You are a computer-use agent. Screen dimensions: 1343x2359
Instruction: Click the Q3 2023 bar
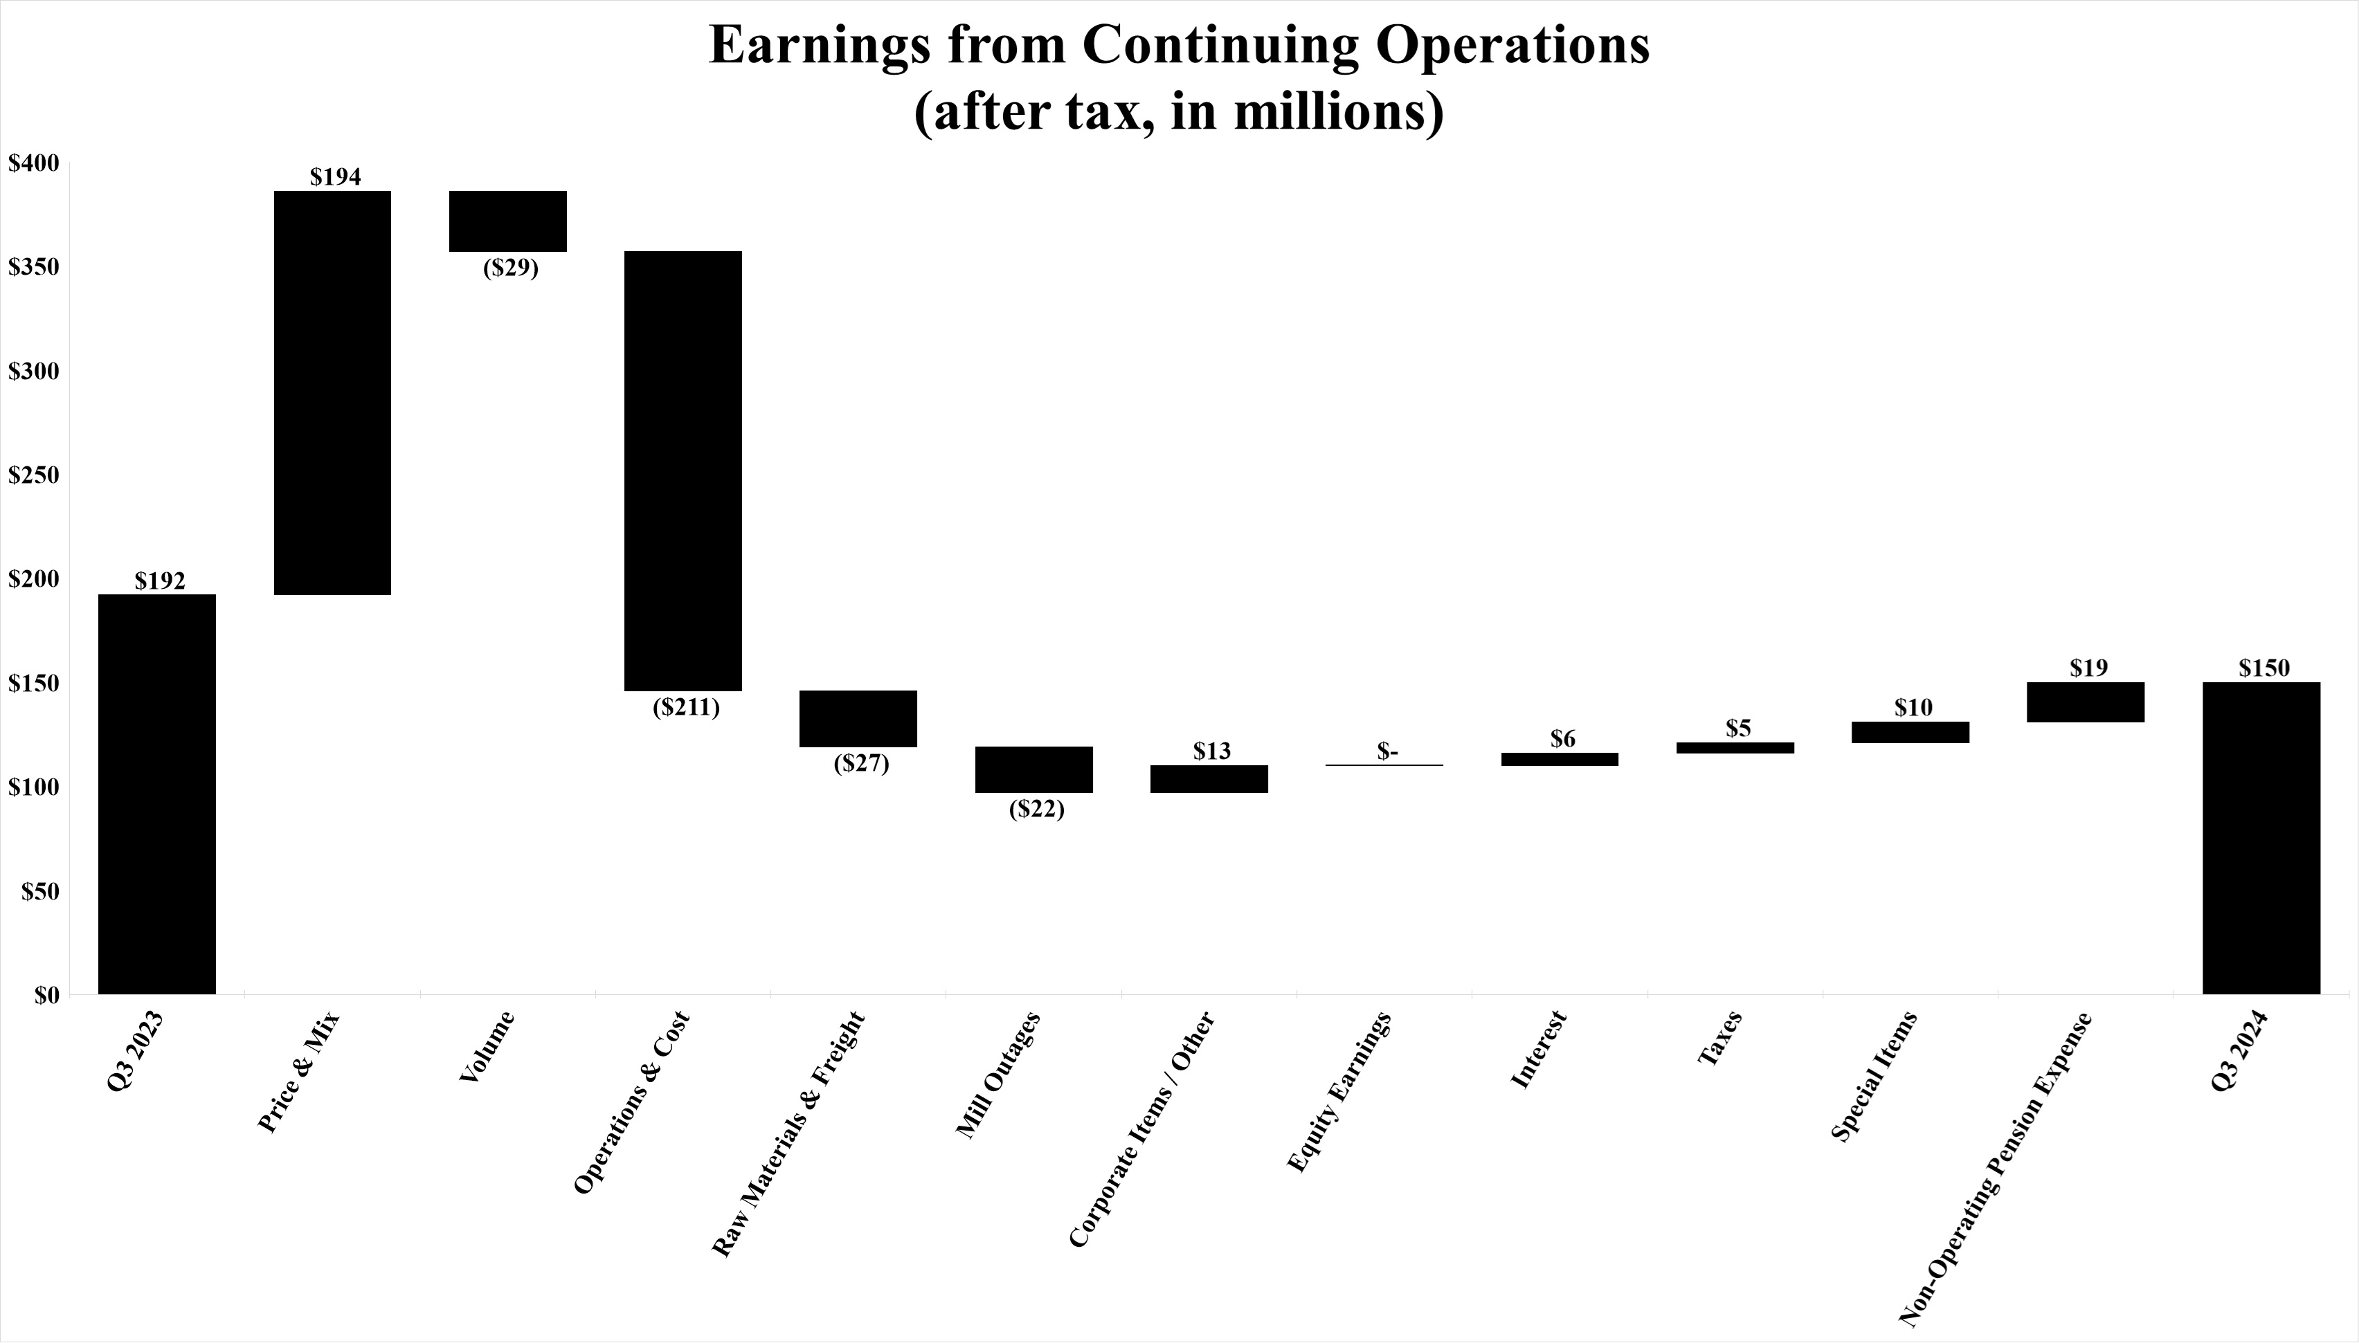[157, 794]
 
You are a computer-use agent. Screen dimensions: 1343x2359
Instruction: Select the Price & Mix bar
[332, 393]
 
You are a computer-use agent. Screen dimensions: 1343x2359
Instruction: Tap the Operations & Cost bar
[683, 470]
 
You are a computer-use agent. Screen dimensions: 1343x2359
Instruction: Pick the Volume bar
[507, 221]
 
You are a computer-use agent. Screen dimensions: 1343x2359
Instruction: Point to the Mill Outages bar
[1034, 769]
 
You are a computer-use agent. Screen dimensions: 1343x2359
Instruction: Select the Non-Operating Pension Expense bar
[2086, 702]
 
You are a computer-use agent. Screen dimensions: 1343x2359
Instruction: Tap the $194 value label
[335, 176]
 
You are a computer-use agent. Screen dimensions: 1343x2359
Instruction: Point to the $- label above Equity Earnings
[1388, 751]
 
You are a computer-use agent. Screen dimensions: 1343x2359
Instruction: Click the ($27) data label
[861, 764]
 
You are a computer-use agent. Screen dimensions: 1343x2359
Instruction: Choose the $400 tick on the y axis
[33, 163]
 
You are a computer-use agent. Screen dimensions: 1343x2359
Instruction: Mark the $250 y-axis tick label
[33, 476]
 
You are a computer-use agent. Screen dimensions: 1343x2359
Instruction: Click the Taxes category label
[1719, 1039]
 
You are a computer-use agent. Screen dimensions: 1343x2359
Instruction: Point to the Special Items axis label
[1874, 1077]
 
